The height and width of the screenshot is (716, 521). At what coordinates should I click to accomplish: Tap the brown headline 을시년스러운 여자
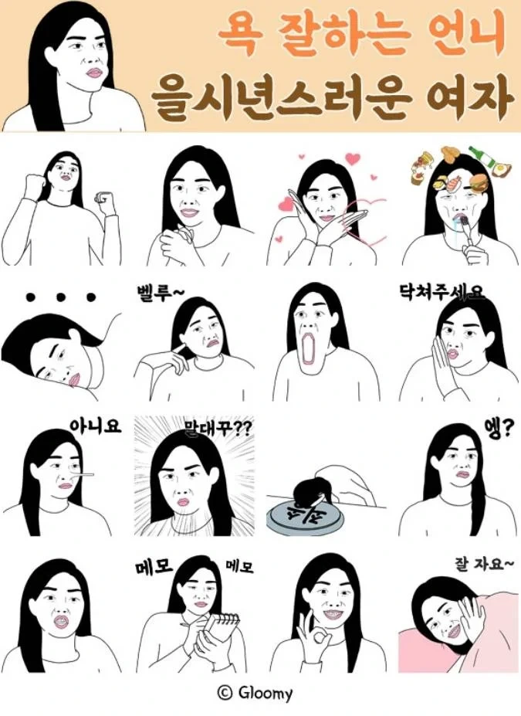click(x=333, y=97)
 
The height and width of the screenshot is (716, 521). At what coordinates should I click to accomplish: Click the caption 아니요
click(x=96, y=426)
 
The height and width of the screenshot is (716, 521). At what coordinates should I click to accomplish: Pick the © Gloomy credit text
click(x=255, y=693)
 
